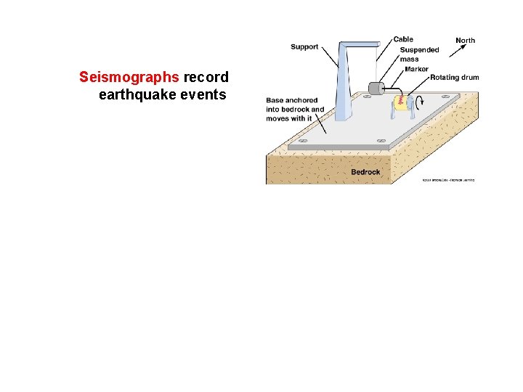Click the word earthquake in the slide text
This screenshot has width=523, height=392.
(x=152, y=95)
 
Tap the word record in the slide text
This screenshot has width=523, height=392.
(x=206, y=77)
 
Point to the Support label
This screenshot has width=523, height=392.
(x=304, y=47)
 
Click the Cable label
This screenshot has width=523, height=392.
(x=403, y=39)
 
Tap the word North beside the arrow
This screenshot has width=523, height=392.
(x=465, y=41)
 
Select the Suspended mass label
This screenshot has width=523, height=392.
(x=419, y=54)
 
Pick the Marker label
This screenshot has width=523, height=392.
(x=416, y=69)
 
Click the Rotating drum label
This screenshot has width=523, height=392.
(x=454, y=78)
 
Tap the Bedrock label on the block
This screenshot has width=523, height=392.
(x=365, y=172)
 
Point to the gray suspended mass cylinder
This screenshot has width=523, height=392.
(x=376, y=89)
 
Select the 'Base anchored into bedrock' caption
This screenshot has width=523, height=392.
(x=295, y=110)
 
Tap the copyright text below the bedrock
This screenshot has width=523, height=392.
(x=449, y=179)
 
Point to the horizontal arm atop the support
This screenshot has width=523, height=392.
(x=359, y=44)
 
